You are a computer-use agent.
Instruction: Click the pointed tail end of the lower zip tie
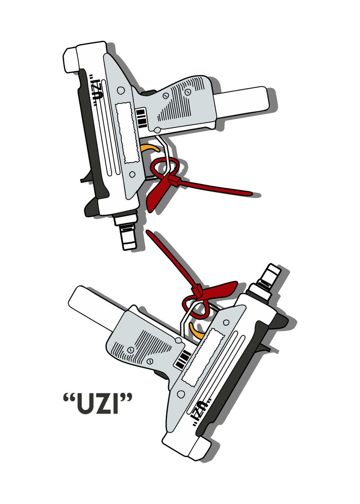(147, 232)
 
